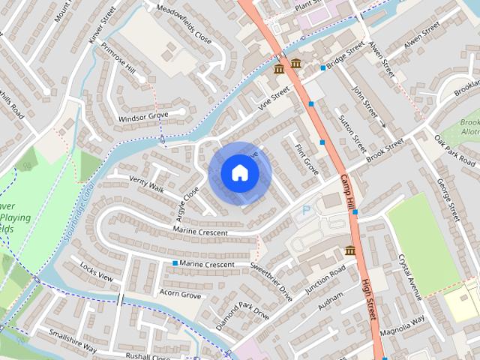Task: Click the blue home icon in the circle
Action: coord(240,172)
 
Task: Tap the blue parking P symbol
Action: coord(306,211)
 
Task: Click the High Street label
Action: coord(368,299)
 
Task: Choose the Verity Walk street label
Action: coord(146,184)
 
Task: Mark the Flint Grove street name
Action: coord(307,160)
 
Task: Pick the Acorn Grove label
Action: coord(181,295)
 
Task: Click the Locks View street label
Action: coord(96,273)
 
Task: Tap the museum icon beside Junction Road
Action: coord(349,250)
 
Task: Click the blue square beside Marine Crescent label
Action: coord(175,263)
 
